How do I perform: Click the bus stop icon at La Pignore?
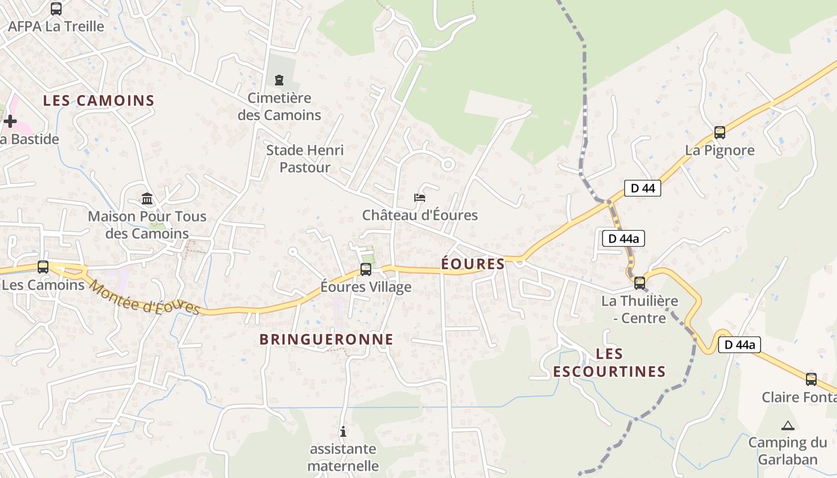point(719,133)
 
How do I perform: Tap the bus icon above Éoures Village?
point(365,269)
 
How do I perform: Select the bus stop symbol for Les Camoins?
point(43,267)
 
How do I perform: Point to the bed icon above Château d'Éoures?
point(420,198)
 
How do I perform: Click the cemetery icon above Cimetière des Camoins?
point(279,80)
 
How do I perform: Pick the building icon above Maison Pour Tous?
point(147,198)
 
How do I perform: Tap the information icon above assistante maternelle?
point(343,431)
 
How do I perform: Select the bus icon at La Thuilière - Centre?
point(640,283)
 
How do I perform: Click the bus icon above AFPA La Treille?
point(56,9)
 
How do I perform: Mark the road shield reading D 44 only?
point(643,188)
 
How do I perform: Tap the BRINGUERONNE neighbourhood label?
point(326,339)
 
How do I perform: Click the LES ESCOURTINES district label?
point(609,363)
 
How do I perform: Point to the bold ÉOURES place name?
point(473,263)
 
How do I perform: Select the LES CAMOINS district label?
point(99,100)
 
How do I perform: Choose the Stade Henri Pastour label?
point(305,159)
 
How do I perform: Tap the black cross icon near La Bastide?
point(10,121)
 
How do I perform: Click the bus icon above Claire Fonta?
point(811,379)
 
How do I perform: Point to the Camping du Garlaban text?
point(787,451)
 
